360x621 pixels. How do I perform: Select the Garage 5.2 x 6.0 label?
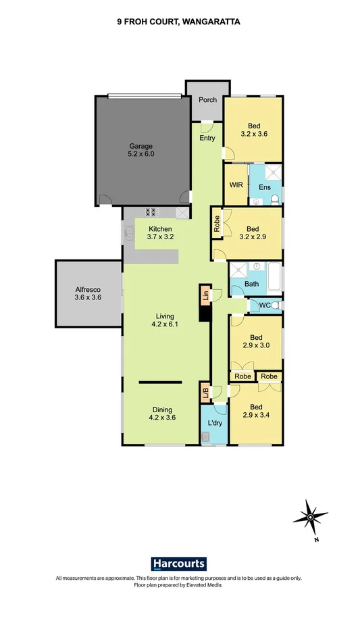tap(141, 150)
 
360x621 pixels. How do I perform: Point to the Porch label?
tap(207, 100)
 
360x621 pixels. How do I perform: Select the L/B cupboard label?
tap(203, 393)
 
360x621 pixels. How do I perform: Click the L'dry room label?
tap(215, 423)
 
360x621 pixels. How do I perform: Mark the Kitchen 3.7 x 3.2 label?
tap(161, 233)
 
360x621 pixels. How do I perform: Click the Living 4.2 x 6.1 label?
tap(164, 320)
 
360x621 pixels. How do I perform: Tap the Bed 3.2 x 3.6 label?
tap(254, 130)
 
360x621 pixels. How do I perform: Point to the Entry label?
tap(207, 139)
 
